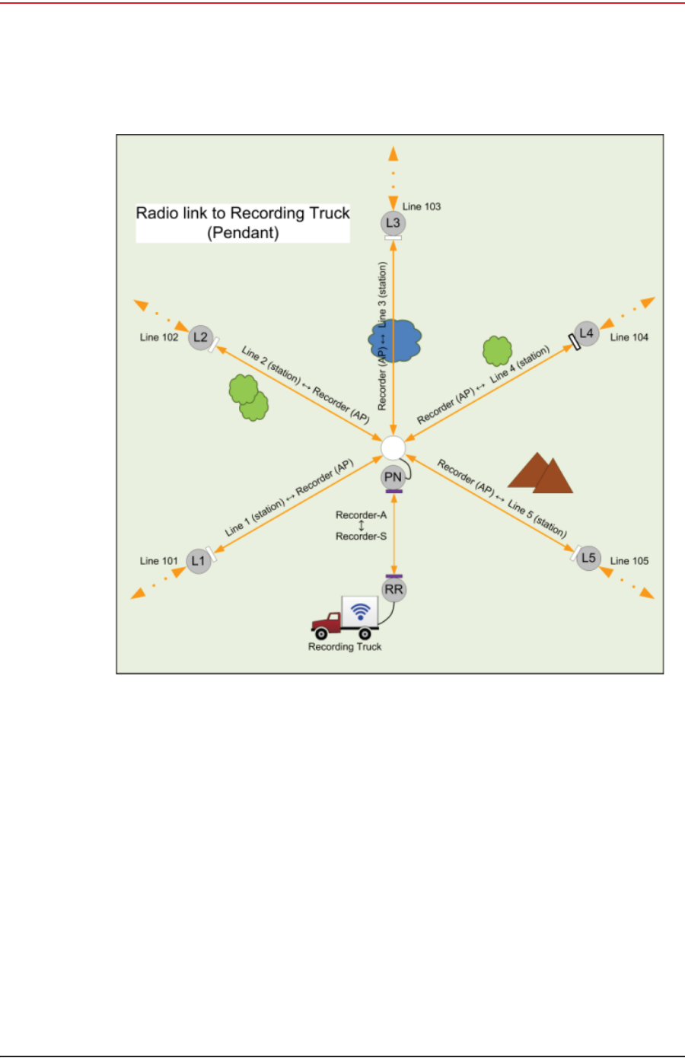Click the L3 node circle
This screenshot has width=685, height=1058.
(x=393, y=223)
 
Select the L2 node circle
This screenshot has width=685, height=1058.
(x=200, y=337)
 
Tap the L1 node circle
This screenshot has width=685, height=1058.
(x=199, y=561)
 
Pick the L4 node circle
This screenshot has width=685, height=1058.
(x=586, y=333)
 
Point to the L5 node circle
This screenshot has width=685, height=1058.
(x=588, y=558)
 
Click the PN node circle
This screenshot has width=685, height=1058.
(x=393, y=477)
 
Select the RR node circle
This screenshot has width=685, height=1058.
(x=393, y=590)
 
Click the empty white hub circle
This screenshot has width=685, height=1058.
(x=393, y=448)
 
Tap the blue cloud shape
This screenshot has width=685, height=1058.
(x=396, y=340)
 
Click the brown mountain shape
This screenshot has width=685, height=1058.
(x=540, y=473)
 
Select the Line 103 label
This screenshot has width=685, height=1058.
(x=422, y=206)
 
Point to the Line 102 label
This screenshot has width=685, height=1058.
(x=159, y=337)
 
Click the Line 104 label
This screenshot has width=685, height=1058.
(x=629, y=337)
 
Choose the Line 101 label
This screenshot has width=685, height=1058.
(x=159, y=561)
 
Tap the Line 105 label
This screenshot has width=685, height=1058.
(x=629, y=561)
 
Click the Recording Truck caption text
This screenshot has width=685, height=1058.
(x=345, y=647)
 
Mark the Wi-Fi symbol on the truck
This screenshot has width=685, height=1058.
(x=361, y=610)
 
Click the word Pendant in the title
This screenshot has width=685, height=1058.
(x=244, y=233)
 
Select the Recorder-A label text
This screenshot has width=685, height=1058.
(x=361, y=515)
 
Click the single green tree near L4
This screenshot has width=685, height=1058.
(x=497, y=351)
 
